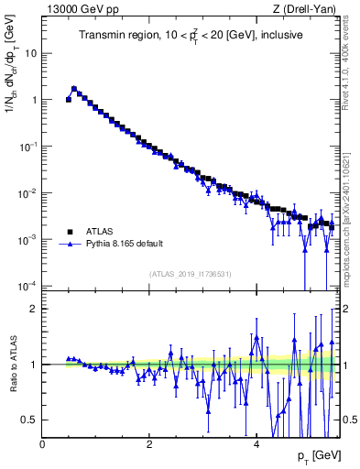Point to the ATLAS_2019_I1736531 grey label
point(190,275)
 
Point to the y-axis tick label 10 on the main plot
point(29,53)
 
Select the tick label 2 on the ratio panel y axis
point(33,309)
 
